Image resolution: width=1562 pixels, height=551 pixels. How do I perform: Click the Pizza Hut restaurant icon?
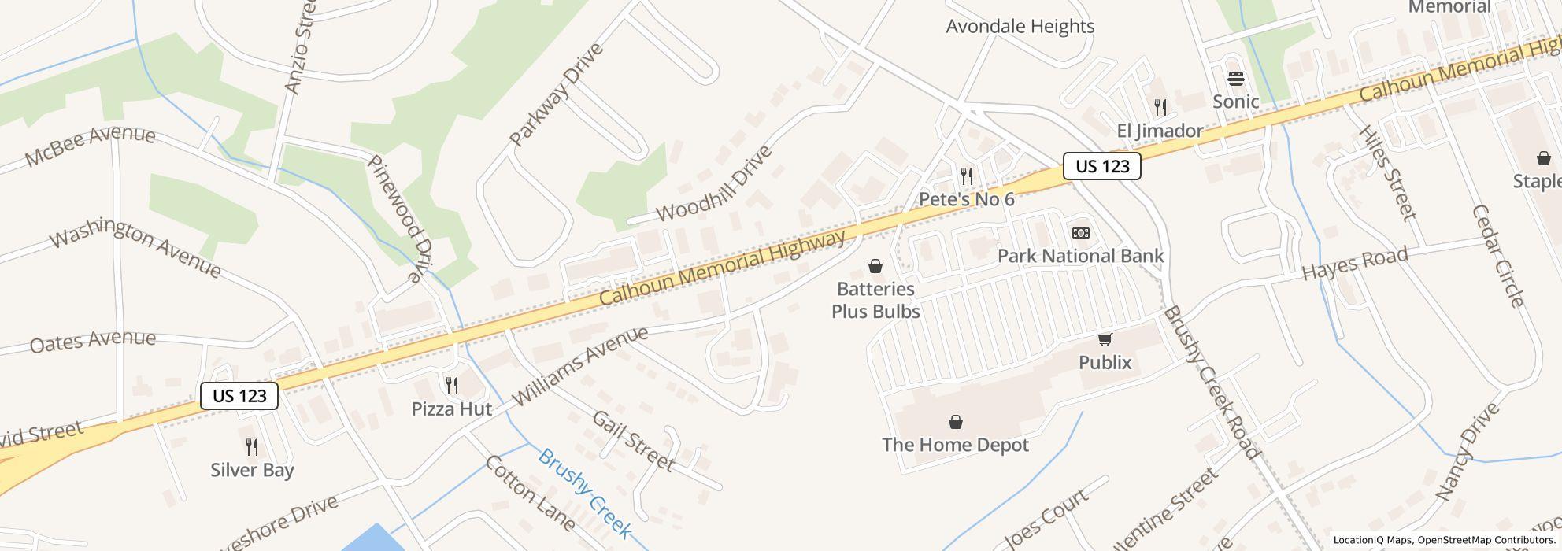[452, 386]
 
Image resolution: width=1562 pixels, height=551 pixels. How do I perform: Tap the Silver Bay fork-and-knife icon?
[252, 447]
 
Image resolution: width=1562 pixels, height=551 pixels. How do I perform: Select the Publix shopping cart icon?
[1105, 340]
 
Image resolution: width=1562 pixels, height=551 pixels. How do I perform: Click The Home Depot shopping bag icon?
[956, 423]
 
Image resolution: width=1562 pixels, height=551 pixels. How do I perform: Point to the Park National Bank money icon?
[1081, 233]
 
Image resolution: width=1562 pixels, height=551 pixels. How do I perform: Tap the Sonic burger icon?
[1236, 79]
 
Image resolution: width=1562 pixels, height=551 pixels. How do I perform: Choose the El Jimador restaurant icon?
[1160, 108]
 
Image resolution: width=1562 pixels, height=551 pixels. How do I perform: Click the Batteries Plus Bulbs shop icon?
[875, 267]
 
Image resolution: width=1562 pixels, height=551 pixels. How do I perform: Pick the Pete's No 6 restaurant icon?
[967, 176]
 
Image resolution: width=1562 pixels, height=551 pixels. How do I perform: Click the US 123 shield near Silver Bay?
[239, 396]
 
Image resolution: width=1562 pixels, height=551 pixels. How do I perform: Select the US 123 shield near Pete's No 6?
[1102, 166]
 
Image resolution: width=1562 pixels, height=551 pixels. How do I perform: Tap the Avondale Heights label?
[1020, 27]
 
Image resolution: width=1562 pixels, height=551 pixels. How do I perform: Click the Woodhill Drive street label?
[713, 184]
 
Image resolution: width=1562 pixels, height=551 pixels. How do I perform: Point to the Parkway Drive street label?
[556, 94]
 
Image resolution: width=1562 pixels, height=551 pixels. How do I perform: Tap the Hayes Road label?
[1354, 264]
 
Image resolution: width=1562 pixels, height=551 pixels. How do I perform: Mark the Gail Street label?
[633, 441]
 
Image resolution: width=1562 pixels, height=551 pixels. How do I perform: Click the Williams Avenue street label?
[581, 367]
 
